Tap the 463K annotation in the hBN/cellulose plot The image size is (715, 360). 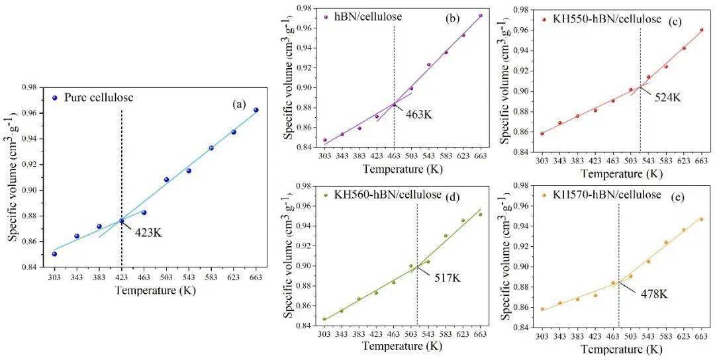pyautogui.click(x=419, y=114)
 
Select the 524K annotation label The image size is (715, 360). pyautogui.click(x=667, y=97)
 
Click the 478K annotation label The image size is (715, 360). pyautogui.click(x=653, y=294)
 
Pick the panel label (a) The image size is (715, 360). pyautogui.click(x=239, y=104)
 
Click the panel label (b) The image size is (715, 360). pyautogui.click(x=452, y=19)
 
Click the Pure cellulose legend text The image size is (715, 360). pyautogui.click(x=99, y=97)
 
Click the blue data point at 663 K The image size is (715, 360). pyautogui.click(x=256, y=110)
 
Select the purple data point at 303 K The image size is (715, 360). pyautogui.click(x=324, y=140)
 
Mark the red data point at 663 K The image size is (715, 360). pyautogui.click(x=701, y=30)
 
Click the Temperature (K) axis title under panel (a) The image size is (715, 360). pyautogui.click(x=155, y=290)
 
